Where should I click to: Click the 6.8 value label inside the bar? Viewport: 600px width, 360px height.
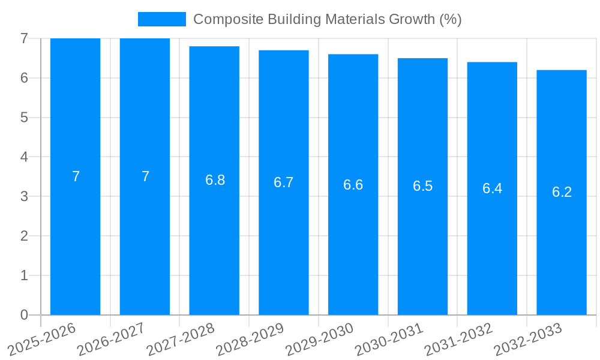[x=215, y=180]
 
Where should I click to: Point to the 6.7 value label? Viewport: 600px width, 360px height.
[x=284, y=182]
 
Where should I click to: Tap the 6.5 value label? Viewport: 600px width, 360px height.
[x=422, y=186]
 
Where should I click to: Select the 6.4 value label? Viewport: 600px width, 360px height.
[x=492, y=188]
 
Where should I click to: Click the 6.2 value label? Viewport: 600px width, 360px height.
[x=562, y=192]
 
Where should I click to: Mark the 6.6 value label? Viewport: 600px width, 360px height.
[x=353, y=184]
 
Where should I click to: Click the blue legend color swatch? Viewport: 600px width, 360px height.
[x=161, y=19]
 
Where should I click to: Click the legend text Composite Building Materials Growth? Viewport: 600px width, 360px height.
[x=327, y=19]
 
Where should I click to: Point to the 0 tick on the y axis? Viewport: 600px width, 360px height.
[x=24, y=315]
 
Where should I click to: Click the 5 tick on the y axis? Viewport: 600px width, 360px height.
[x=24, y=118]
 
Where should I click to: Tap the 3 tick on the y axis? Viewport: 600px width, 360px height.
[x=24, y=196]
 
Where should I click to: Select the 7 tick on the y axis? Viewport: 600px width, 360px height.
[x=24, y=38]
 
